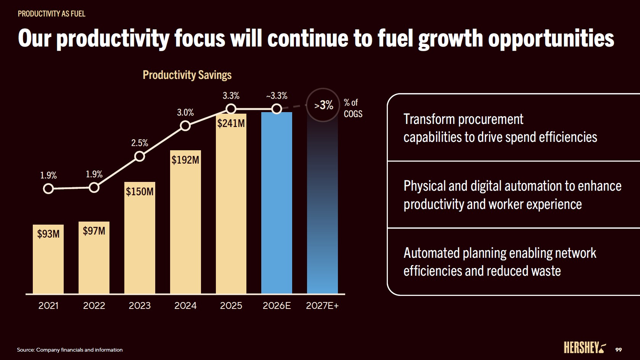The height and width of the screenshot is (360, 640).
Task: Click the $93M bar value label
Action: tap(48, 234)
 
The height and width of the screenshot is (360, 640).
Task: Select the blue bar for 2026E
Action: tap(277, 202)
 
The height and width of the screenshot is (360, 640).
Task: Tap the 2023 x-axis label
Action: tap(140, 305)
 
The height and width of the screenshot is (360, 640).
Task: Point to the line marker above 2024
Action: tap(185, 125)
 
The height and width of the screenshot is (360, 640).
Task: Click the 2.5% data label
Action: tap(140, 143)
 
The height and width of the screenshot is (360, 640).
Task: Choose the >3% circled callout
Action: tap(323, 105)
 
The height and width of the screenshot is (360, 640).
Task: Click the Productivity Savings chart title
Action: tap(187, 75)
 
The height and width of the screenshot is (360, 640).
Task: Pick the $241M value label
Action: tap(231, 123)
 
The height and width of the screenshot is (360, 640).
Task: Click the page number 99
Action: tap(618, 350)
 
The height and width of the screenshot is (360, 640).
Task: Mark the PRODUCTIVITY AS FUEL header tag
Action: tap(51, 14)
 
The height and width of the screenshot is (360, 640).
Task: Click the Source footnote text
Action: tap(70, 350)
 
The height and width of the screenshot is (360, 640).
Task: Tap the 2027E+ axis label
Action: tap(322, 305)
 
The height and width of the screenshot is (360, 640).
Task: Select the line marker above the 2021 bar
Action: tap(48, 188)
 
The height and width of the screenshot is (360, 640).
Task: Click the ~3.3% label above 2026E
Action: tap(277, 96)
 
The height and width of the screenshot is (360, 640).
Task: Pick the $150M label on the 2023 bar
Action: tap(140, 191)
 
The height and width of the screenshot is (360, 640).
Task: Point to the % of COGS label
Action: tap(353, 108)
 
